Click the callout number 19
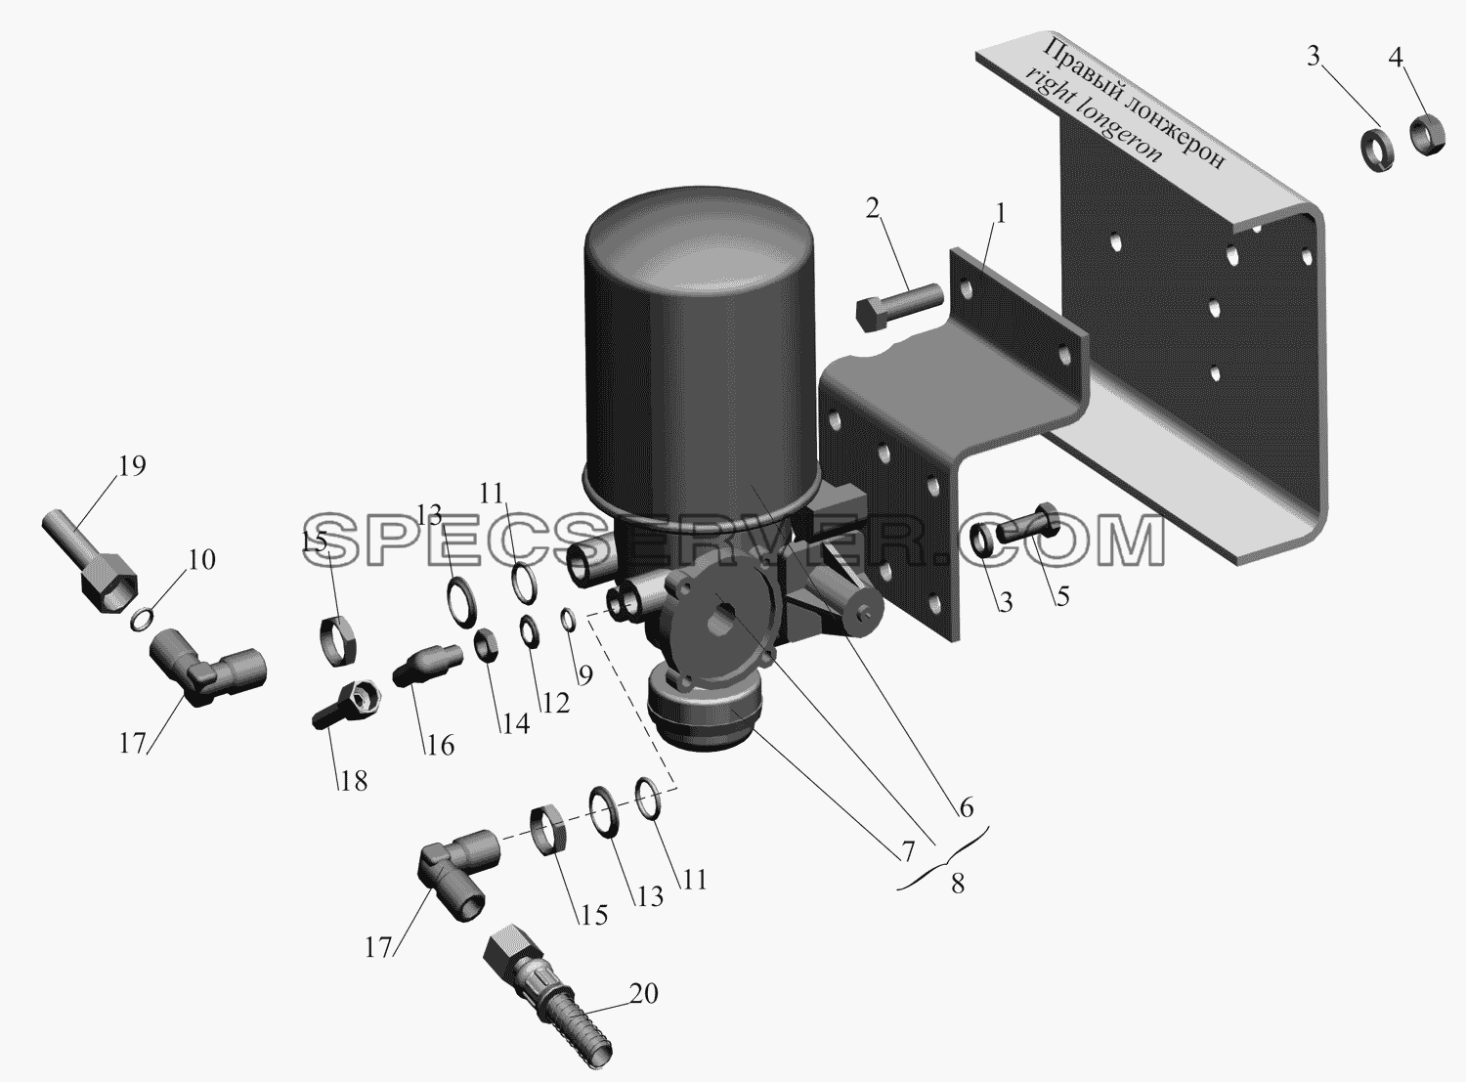132,466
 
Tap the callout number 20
644,993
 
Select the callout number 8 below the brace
958,884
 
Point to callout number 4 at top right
1396,59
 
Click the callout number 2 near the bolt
873,209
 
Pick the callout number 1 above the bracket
1000,214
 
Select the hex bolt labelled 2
899,307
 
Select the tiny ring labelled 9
568,620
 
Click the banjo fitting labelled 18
347,704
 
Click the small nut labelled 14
488,643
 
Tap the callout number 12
555,704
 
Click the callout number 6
967,807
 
